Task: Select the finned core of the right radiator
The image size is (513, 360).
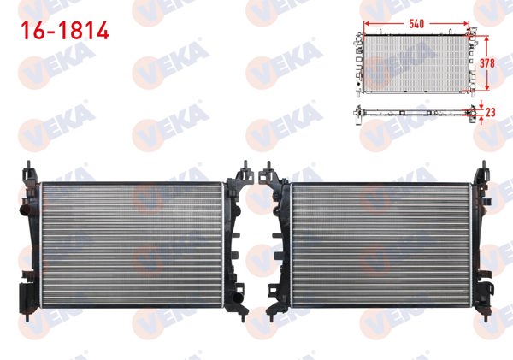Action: (x=380, y=245)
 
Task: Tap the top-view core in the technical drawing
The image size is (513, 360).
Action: (x=416, y=62)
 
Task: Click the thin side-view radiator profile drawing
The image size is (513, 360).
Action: (x=416, y=111)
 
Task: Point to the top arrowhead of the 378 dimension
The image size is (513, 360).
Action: (x=487, y=38)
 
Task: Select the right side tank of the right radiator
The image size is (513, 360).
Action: (x=479, y=244)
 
